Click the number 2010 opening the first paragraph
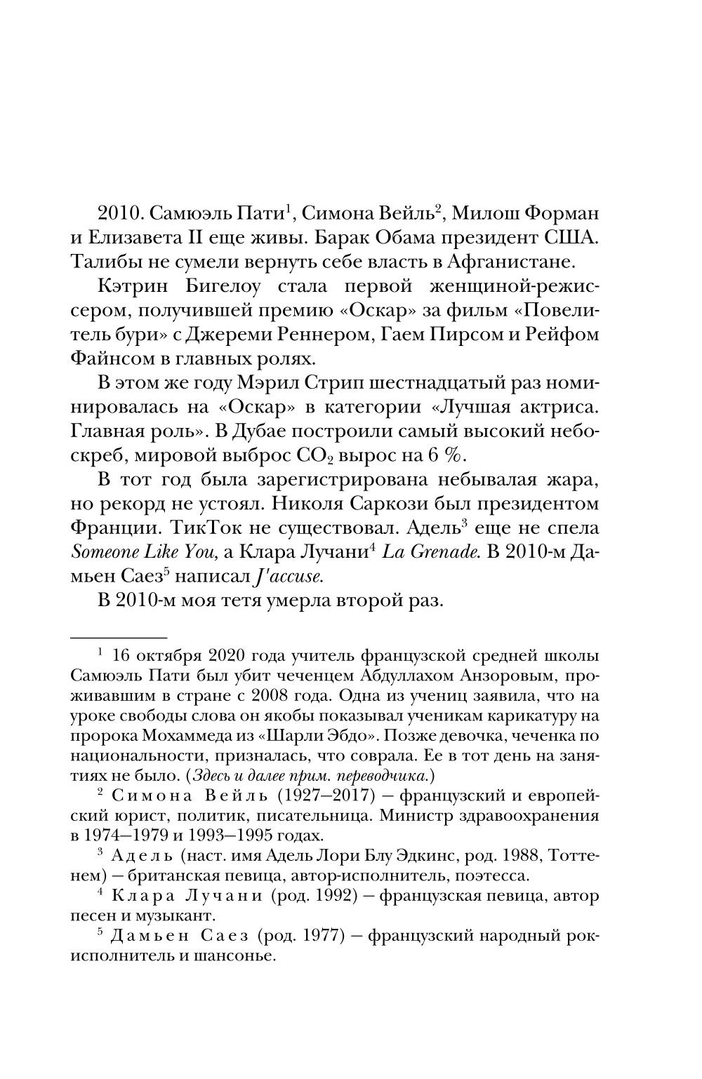120,213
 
